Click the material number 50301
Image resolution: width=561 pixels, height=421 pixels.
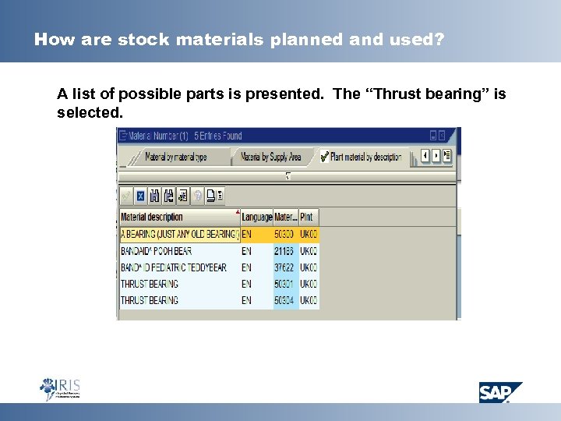coord(284,284)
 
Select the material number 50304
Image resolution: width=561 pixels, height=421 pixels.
coord(284,300)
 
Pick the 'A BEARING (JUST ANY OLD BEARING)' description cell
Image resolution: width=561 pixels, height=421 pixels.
coord(179,235)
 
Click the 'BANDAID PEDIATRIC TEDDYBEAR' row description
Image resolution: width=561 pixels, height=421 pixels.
coord(173,267)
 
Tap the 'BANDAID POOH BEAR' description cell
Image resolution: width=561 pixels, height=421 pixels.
coord(156,251)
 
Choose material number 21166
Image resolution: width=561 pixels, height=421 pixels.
coord(284,251)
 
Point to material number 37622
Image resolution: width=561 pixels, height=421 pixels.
coord(284,267)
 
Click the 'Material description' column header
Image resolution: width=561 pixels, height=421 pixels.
coord(153,217)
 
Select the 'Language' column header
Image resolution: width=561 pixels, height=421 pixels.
coord(256,217)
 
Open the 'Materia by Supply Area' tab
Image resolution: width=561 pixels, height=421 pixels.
coord(270,157)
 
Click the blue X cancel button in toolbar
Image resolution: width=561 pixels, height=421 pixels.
coord(141,195)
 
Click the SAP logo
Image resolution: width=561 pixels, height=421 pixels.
coord(499,391)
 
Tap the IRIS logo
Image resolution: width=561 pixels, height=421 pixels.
coord(60,388)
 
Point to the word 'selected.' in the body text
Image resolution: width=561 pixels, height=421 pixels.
coord(90,113)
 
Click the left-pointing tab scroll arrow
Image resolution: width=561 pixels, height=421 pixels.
coord(425,156)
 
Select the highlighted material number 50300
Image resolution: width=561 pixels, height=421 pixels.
coord(284,235)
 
